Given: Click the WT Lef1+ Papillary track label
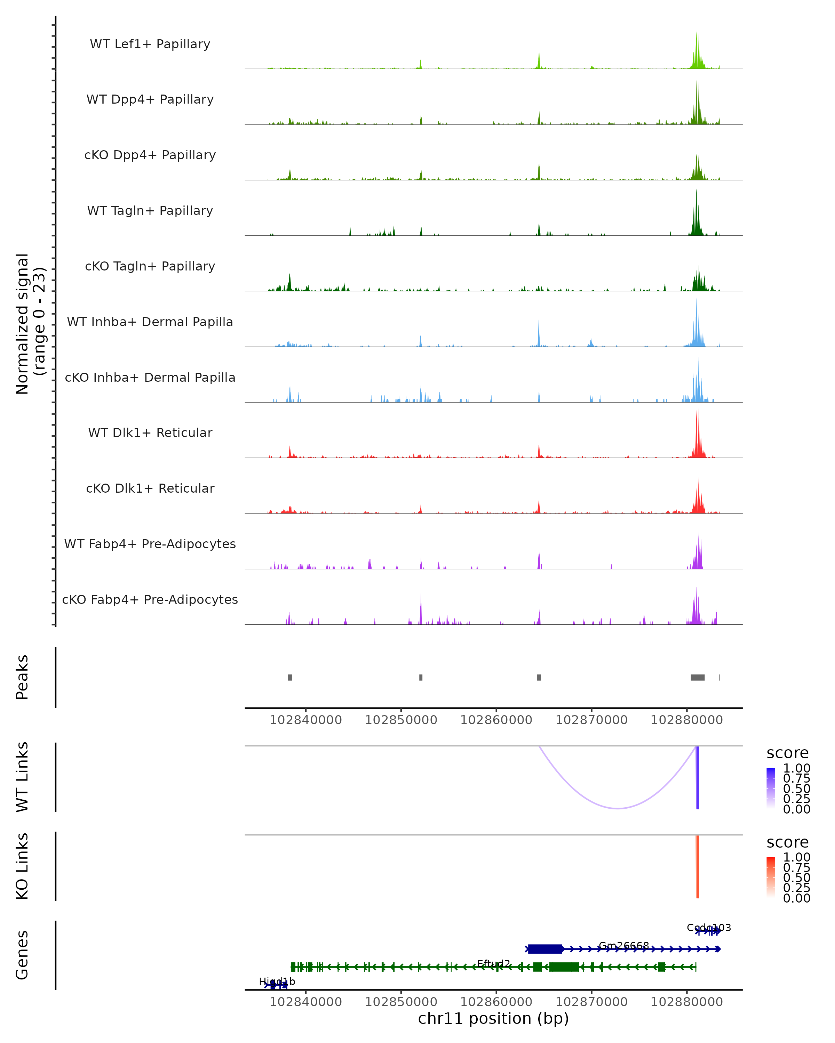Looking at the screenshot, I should pyautogui.click(x=150, y=44).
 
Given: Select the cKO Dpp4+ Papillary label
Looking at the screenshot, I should pyautogui.click(x=150, y=155).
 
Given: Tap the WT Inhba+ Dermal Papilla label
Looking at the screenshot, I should pyautogui.click(x=150, y=322).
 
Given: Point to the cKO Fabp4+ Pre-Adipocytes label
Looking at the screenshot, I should pyautogui.click(x=150, y=599).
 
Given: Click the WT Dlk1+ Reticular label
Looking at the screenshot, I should pyautogui.click(x=150, y=432).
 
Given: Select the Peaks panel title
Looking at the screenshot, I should pyautogui.click(x=22, y=677).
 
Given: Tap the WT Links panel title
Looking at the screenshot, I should pyautogui.click(x=22, y=777).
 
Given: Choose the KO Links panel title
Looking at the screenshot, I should pyautogui.click(x=22, y=866).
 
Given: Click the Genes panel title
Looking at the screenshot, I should pyautogui.click(x=22, y=955).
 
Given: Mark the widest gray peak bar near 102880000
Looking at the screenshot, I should pyautogui.click(x=698, y=677).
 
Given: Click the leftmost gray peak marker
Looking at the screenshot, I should pyautogui.click(x=290, y=677).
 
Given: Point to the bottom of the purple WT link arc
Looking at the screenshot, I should pyautogui.click(x=618, y=808).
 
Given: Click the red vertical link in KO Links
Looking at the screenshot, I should pyautogui.click(x=698, y=866).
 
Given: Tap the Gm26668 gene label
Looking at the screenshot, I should pyautogui.click(x=623, y=945).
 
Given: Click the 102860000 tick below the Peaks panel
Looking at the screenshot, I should pyautogui.click(x=496, y=720).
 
